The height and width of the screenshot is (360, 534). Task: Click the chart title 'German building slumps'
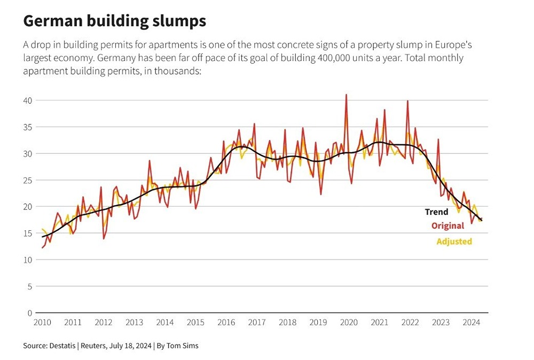coord(114,21)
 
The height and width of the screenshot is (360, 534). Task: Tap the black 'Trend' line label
coord(436,212)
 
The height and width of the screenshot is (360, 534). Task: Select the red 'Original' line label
coord(447,226)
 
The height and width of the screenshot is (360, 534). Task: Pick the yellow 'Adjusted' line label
coord(454,241)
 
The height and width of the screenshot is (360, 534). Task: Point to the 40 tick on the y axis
coord(28,100)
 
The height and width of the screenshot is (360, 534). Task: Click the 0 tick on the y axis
coord(30,313)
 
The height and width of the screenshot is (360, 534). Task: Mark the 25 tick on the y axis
coord(28,180)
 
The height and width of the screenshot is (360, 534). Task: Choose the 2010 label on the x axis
coord(42,323)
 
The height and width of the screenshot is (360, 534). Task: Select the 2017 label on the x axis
coord(257,323)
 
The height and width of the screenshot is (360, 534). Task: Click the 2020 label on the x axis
coord(349,323)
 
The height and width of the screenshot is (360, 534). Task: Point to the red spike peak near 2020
coord(346,95)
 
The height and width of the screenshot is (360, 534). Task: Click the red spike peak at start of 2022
coord(408,101)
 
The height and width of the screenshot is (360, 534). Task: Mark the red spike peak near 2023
coord(438,139)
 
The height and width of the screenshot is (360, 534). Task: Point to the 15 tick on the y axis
coord(28,233)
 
